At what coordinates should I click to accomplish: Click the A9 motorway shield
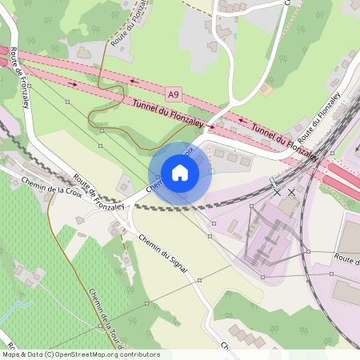[x=174, y=94]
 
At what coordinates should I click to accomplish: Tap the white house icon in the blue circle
[x=180, y=173]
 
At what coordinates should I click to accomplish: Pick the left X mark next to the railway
[x=278, y=192]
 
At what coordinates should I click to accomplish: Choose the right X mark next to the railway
[x=292, y=192]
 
